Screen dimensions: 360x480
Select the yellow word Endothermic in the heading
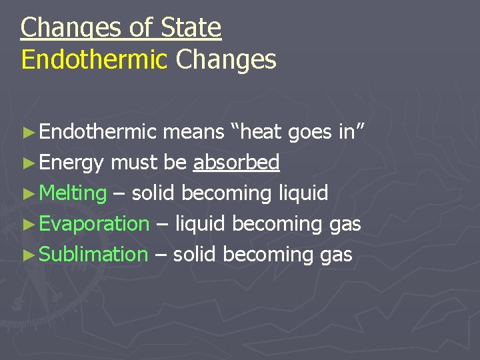[x=94, y=59]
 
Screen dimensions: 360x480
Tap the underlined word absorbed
[x=236, y=162]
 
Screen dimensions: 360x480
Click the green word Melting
[x=73, y=193]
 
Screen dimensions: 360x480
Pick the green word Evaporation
[x=94, y=223]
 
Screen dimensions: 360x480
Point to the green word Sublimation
[x=93, y=254]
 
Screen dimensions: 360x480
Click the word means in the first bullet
[x=193, y=132]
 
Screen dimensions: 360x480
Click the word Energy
[x=71, y=163]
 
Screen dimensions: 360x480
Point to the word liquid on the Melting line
[x=303, y=193]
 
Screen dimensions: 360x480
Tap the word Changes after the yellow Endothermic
[x=226, y=59]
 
